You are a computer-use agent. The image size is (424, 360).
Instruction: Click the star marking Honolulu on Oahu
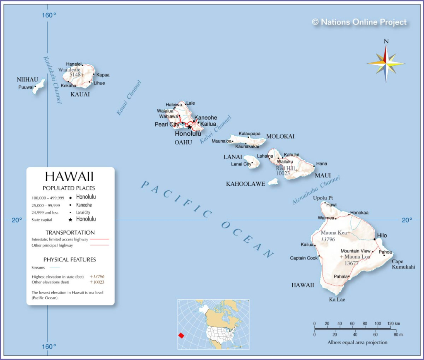(x=190, y=127)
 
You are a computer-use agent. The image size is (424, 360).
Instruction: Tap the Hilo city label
(x=382, y=235)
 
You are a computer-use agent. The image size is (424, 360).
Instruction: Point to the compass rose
(x=386, y=63)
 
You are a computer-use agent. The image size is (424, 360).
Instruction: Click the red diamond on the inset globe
(x=181, y=335)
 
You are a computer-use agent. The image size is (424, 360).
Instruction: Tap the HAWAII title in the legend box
(x=69, y=176)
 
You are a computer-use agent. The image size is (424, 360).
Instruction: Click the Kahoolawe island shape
(x=273, y=181)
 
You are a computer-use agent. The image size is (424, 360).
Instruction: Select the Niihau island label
(x=27, y=79)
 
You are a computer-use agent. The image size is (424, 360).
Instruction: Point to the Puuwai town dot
(x=35, y=86)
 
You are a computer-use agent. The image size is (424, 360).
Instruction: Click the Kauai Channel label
(x=129, y=98)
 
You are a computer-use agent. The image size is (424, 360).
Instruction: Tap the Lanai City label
(x=241, y=164)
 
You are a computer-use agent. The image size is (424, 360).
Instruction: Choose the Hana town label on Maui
(x=321, y=163)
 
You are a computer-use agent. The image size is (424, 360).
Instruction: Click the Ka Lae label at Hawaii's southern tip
(x=337, y=300)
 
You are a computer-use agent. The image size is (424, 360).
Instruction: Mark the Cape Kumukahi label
(x=403, y=264)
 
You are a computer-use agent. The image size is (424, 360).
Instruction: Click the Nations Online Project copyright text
(x=359, y=22)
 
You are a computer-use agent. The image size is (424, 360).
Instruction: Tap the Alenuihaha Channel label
(x=316, y=190)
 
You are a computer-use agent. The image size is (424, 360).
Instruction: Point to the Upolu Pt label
(x=323, y=198)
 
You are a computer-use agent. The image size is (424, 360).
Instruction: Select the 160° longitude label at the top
(x=49, y=15)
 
